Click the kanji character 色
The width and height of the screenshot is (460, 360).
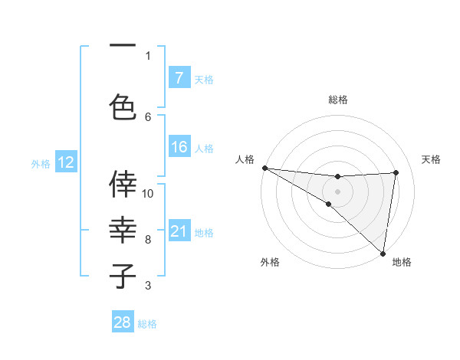pyautogui.click(x=123, y=106)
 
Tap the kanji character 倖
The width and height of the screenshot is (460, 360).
pyautogui.click(x=123, y=183)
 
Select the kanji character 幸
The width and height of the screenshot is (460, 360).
pyautogui.click(x=123, y=230)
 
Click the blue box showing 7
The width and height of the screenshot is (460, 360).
pyautogui.click(x=179, y=77)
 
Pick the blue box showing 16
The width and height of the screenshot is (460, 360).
pyautogui.click(x=179, y=147)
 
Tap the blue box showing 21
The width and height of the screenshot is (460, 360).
pyautogui.click(x=179, y=231)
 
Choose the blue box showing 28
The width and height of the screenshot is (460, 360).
pyautogui.click(x=123, y=322)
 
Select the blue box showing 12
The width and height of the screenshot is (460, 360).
pyautogui.click(x=65, y=162)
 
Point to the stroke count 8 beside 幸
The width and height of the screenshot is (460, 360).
pyautogui.click(x=148, y=240)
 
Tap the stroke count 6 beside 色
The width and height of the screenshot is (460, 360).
pyautogui.click(x=148, y=116)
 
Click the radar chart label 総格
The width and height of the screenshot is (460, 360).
pyautogui.click(x=337, y=100)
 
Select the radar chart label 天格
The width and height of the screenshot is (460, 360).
pyautogui.click(x=432, y=159)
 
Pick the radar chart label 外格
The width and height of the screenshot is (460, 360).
pyautogui.click(x=270, y=262)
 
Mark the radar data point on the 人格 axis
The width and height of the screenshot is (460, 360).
pyautogui.click(x=264, y=168)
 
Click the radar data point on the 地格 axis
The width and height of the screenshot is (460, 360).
pyautogui.click(x=383, y=252)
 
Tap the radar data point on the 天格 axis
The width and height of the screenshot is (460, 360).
pyautogui.click(x=396, y=172)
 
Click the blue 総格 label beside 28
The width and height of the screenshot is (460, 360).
pyautogui.click(x=147, y=324)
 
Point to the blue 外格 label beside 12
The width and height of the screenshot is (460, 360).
pyautogui.click(x=40, y=163)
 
